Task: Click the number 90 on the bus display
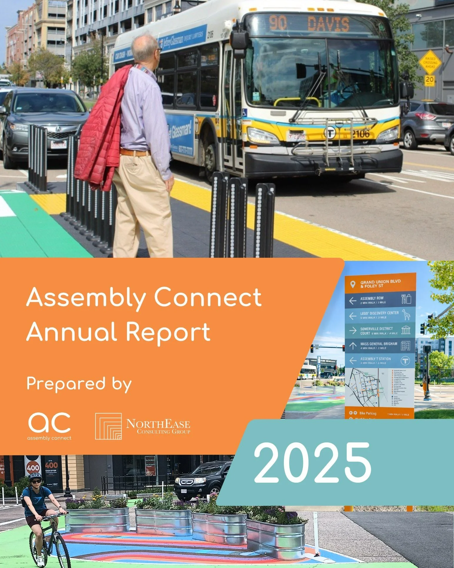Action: [x=278, y=23]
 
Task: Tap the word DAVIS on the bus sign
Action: [x=328, y=24]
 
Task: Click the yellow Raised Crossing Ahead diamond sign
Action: [x=430, y=62]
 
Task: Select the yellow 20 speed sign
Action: [x=429, y=80]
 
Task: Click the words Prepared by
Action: [x=79, y=384]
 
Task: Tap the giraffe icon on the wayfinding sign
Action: [x=406, y=315]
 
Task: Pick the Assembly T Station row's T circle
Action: [x=406, y=361]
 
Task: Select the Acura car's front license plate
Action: [x=58, y=144]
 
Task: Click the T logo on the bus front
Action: [x=329, y=133]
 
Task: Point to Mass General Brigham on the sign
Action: [x=378, y=344]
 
